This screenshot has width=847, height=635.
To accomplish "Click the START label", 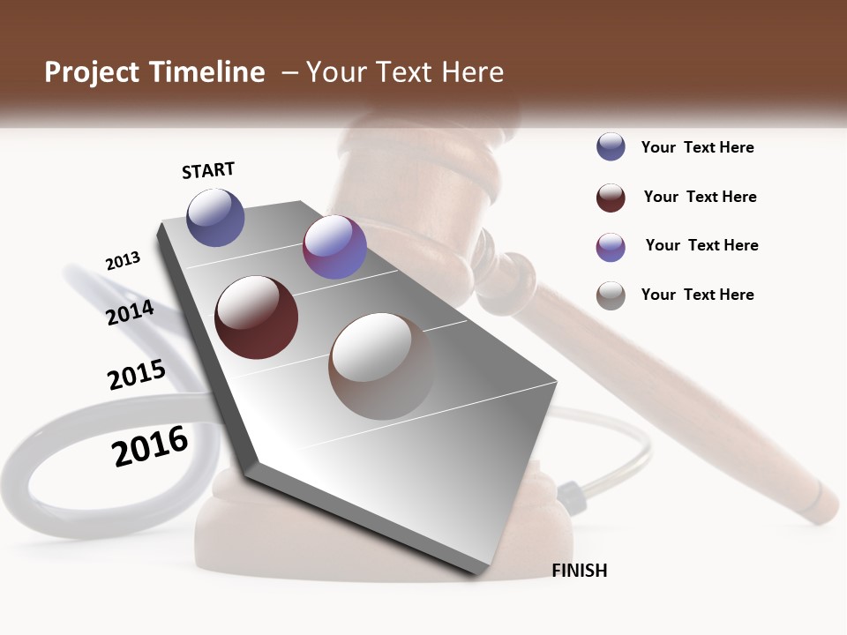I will [x=208, y=170].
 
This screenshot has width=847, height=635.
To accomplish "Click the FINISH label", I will [x=579, y=571].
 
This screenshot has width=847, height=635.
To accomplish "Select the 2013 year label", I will [x=123, y=261].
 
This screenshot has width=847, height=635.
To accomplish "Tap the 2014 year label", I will [x=131, y=313].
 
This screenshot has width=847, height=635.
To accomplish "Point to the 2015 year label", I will [x=137, y=375].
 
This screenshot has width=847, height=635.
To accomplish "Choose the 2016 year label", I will [x=150, y=446].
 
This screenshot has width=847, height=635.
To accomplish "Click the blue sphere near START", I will [x=215, y=217].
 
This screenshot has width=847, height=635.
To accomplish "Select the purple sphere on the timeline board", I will [x=334, y=247].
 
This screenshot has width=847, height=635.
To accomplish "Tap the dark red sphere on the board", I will [x=256, y=317].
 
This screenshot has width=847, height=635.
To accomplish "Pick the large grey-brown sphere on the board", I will [x=382, y=365].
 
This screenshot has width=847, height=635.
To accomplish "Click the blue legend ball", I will [x=611, y=147].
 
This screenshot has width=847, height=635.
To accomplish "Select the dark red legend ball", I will [x=611, y=198].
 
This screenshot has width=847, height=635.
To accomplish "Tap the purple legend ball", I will [x=611, y=247].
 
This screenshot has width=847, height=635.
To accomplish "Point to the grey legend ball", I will [x=611, y=295].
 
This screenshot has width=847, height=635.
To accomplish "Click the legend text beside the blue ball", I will [x=697, y=147].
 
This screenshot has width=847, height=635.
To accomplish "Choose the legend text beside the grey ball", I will [x=697, y=295].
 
